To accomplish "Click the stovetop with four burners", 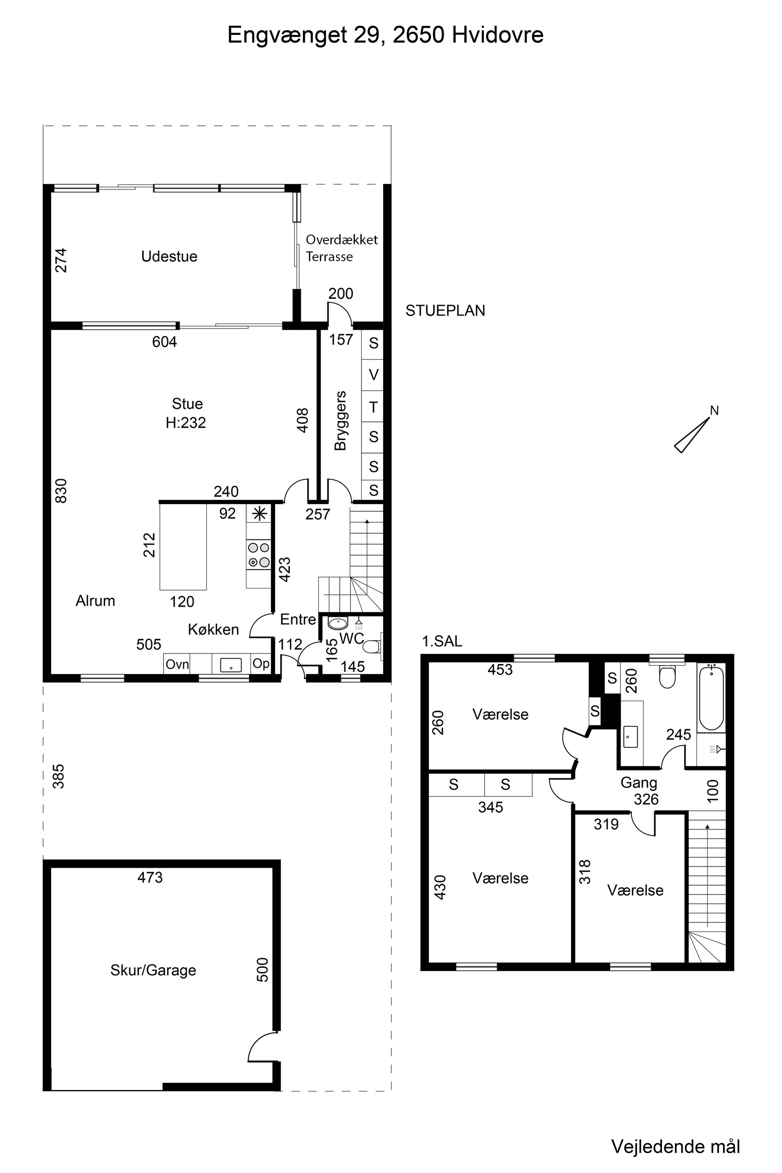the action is [258, 554].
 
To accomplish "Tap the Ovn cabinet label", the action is [177, 664].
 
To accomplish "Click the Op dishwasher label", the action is [261, 664].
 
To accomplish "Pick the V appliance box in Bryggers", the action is [373, 375].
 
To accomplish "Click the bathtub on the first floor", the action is [711, 698].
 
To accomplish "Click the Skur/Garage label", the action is [153, 970].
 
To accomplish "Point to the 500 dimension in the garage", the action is [262, 970].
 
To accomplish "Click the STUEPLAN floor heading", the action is [445, 311].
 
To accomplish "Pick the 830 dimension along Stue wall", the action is [60, 491].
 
